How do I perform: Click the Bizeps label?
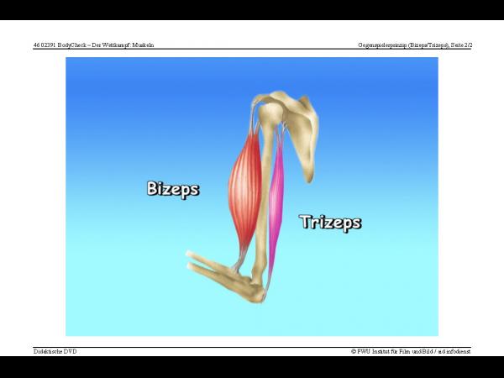tap(173, 189)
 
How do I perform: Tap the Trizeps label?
tap(331, 223)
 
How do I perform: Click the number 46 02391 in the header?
tap(45, 45)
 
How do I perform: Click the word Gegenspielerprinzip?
tap(382, 45)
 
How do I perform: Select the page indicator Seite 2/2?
tap(461, 45)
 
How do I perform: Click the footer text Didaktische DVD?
tap(55, 351)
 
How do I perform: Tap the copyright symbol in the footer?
tap(354, 352)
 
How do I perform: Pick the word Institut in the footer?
tap(381, 351)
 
